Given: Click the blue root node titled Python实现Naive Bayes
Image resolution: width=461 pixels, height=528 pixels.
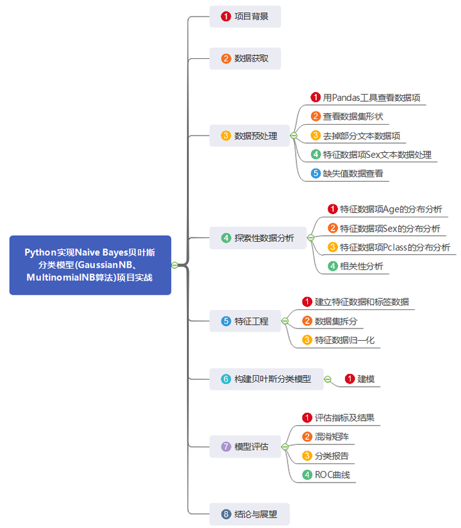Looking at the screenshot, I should click(x=90, y=265).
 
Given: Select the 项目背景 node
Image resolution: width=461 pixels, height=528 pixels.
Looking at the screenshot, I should click(x=245, y=17).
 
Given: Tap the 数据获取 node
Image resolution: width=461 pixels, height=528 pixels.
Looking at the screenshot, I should click(x=245, y=59).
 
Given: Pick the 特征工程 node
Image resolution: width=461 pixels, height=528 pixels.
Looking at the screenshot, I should click(x=245, y=321).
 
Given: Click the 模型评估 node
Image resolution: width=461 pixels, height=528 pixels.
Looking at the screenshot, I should click(x=245, y=446).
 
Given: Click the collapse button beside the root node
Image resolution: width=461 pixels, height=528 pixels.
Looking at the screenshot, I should click(x=174, y=265).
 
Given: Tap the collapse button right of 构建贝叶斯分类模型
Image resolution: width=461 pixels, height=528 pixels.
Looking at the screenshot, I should click(x=327, y=379).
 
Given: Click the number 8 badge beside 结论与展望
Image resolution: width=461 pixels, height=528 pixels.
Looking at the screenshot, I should click(x=225, y=514).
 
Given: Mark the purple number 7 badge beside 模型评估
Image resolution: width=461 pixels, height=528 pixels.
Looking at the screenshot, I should click(x=225, y=446).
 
